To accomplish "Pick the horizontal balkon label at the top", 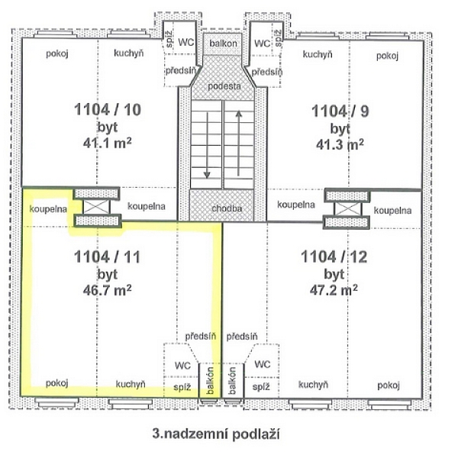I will pyautogui.click(x=224, y=44).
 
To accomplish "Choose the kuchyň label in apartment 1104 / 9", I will pyautogui.click(x=317, y=54).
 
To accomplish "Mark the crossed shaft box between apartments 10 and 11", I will pyautogui.click(x=98, y=207).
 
